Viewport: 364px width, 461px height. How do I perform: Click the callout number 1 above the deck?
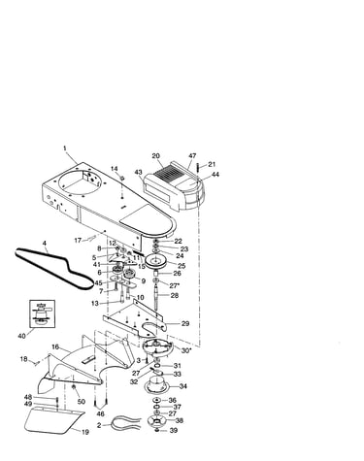(65, 148)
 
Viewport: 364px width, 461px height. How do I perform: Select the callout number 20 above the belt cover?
(156, 156)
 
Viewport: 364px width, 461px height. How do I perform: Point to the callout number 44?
(215, 175)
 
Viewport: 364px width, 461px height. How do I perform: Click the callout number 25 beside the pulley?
(182, 266)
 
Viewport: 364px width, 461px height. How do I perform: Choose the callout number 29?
(185, 323)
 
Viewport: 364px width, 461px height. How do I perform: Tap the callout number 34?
(183, 386)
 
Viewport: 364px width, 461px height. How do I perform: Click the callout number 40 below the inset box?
(21, 336)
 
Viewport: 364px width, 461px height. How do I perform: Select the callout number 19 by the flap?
(84, 432)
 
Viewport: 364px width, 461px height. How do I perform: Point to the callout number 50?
(81, 402)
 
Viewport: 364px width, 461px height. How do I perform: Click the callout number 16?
(55, 346)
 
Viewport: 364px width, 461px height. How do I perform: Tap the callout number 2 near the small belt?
(99, 425)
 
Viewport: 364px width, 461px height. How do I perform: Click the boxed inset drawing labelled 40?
(42, 313)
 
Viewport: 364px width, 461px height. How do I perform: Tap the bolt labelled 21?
(197, 169)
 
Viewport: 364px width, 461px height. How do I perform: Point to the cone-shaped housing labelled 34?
(156, 384)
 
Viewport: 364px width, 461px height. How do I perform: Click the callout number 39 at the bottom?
(174, 430)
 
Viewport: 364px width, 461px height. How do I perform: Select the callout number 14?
(115, 169)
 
